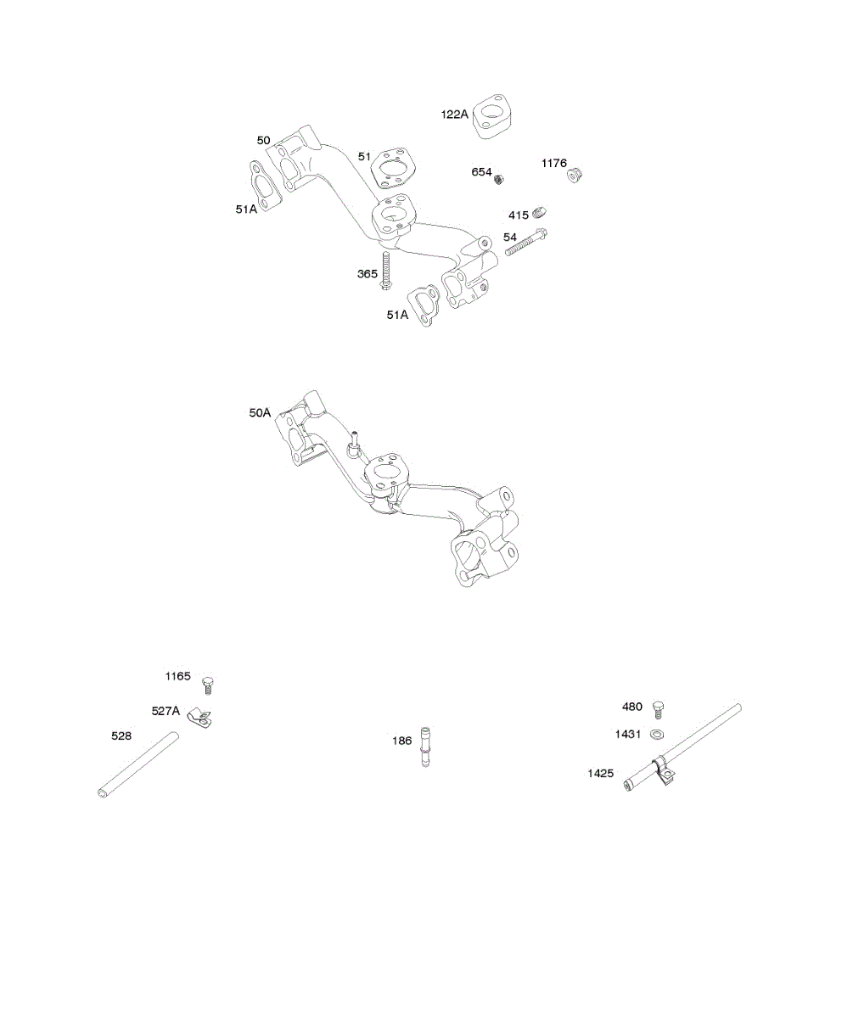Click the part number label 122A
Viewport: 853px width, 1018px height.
(454, 114)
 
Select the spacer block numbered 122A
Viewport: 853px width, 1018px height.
(496, 117)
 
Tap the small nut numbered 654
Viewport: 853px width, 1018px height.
(502, 178)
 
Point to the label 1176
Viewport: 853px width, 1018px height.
(554, 163)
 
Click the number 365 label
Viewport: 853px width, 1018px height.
(368, 273)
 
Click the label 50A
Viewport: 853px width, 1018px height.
(260, 413)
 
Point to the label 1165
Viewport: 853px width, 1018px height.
(177, 676)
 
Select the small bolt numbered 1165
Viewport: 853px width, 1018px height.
(207, 685)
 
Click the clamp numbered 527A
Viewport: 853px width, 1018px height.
(200, 718)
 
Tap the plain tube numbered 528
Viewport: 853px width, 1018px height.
(137, 765)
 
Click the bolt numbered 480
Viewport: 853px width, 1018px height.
(657, 710)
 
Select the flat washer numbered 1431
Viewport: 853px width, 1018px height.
(657, 735)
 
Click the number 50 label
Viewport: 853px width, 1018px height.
(264, 140)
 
